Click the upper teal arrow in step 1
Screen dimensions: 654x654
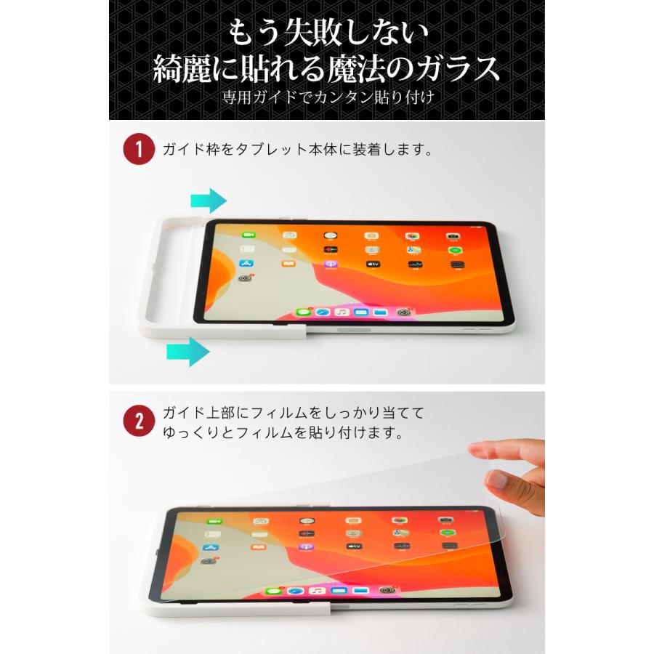click(209, 200)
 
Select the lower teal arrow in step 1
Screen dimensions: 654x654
click(188, 352)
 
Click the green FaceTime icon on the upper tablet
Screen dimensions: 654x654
click(246, 236)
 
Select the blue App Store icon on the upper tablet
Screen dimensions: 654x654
click(246, 264)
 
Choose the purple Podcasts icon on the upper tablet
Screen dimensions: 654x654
click(331, 265)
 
